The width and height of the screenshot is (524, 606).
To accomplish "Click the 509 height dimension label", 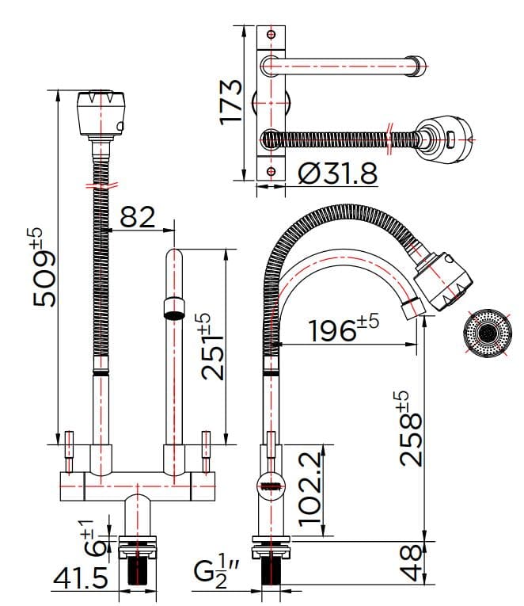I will coord(41,268).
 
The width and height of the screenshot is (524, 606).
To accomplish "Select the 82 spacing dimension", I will coord(137,216).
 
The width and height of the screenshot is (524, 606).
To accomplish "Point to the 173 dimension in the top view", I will coord(230,101).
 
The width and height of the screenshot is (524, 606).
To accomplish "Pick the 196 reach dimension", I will coord(343,329).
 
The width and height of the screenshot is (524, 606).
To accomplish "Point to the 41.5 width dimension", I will coord(80,579).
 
